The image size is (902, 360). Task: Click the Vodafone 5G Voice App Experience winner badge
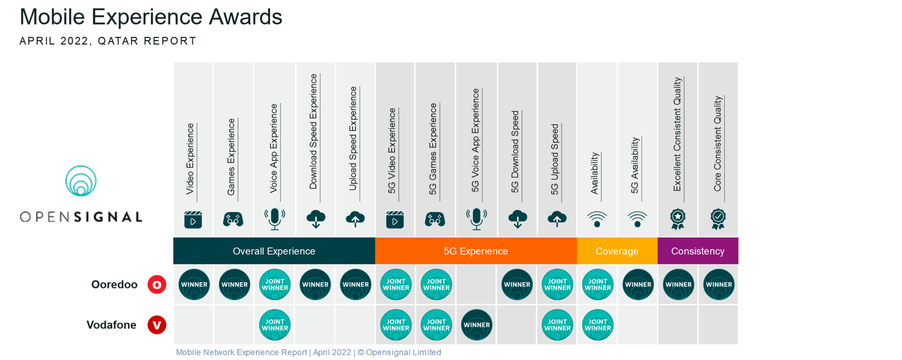click(477, 325)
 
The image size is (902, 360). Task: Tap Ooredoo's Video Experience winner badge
click(194, 284)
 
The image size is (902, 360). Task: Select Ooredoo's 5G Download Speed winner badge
click(517, 284)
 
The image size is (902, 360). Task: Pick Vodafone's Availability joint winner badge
click(598, 325)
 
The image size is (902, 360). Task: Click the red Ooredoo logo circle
click(157, 285)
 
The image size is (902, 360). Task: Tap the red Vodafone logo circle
click(157, 325)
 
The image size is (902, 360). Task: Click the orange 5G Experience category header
click(476, 251)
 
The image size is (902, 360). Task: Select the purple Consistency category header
click(698, 251)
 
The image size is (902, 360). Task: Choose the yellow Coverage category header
click(617, 251)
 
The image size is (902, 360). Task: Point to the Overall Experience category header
click(274, 251)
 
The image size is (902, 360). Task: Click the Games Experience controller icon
click(233, 219)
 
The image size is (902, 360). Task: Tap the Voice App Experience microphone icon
click(275, 219)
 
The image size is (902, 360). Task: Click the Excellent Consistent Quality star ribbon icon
click(678, 219)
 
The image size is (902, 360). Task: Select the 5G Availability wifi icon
click(637, 219)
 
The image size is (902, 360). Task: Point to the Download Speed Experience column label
click(313, 131)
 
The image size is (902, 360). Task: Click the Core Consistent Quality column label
click(718, 144)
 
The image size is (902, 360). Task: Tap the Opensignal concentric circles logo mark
click(81, 181)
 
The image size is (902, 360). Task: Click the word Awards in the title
click(245, 17)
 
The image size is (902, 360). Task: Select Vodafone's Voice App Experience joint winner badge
click(275, 325)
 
